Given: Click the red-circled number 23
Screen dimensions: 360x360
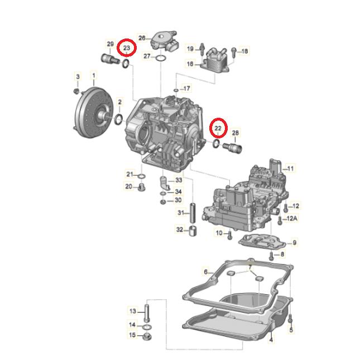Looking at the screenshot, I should tap(127, 49).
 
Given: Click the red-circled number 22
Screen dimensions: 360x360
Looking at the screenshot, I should tap(218, 129).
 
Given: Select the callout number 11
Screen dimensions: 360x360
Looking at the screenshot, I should tap(290, 168).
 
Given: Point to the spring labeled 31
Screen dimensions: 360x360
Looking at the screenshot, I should tap(192, 213).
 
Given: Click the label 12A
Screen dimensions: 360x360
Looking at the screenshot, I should tap(292, 219).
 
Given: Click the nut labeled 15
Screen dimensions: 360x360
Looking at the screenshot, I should tap(147, 335).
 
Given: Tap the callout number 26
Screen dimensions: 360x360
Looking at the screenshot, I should tap(142, 38).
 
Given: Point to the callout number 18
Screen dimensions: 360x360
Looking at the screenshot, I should tap(244, 51).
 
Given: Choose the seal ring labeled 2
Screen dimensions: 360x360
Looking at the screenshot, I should tap(119, 119).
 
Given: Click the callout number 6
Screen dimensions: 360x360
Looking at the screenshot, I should tap(205, 272).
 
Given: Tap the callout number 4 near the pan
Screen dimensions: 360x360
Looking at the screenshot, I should tap(271, 340).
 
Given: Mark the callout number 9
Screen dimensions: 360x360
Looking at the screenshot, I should tap(295, 242).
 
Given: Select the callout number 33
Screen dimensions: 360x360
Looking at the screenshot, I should tap(179, 180).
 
